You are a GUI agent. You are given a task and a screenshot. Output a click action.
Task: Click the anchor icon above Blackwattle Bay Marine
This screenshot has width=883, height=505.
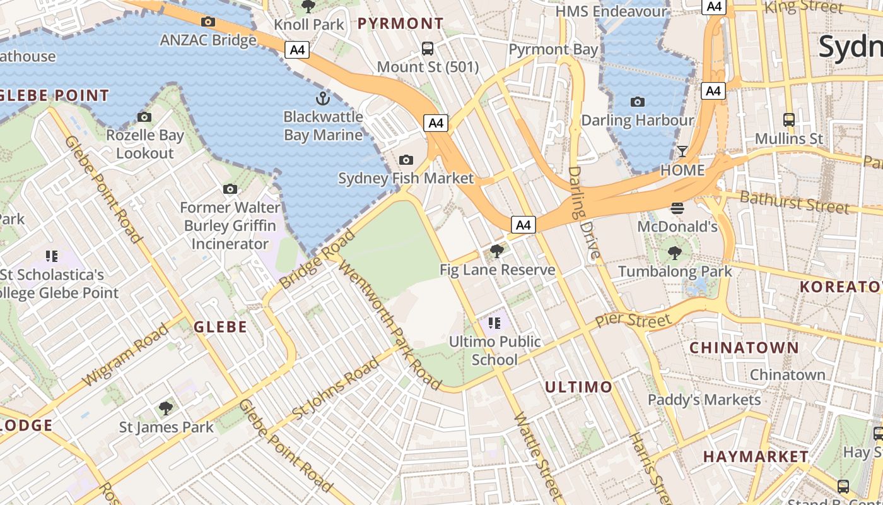coord(322,98)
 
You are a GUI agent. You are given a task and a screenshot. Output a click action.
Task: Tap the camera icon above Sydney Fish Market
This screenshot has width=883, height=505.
coord(406,160)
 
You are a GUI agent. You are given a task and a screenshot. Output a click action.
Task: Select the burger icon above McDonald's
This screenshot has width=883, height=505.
coord(677,208)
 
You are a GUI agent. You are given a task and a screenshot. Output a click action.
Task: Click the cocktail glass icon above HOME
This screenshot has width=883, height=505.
coord(682,151)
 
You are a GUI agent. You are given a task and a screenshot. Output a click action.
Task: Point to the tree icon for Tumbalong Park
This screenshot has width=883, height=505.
coord(674,253)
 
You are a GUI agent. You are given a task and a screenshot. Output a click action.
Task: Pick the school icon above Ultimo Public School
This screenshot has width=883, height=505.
coord(494,323)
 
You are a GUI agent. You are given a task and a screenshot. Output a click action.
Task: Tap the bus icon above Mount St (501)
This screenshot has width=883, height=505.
coord(428,48)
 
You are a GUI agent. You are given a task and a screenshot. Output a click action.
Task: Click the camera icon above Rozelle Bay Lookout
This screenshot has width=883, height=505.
coord(144,117)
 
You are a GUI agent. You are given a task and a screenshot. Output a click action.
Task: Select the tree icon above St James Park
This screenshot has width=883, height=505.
coord(166,408)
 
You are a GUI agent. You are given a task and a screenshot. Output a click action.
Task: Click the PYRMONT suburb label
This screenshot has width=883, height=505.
coord(401,24)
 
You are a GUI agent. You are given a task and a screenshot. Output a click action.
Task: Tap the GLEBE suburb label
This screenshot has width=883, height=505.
coord(220,327)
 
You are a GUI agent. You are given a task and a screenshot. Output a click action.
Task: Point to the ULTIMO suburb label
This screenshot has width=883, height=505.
coord(578,387)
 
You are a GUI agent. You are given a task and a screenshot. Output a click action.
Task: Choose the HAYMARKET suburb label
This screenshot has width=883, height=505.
coord(756,456)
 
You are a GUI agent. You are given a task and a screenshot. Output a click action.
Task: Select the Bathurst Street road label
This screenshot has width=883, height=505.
coord(794,203)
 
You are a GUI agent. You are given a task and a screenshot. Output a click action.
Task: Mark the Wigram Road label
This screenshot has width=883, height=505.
coord(126,355)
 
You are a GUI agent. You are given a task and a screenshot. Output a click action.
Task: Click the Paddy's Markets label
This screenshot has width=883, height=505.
coord(705,400)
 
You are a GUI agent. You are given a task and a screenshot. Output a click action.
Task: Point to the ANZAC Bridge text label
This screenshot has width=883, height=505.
coord(208,40)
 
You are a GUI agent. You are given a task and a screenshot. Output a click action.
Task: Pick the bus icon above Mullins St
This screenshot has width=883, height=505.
coord(788,119)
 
